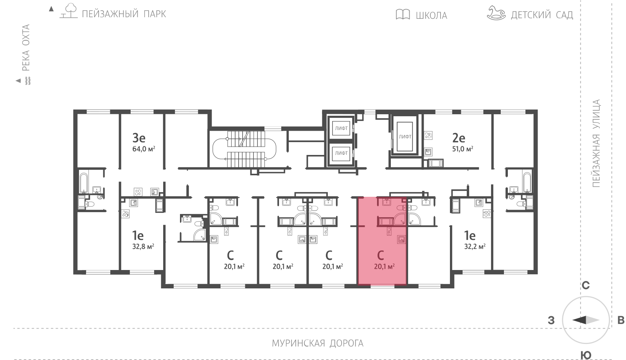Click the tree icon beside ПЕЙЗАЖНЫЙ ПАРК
[69, 11]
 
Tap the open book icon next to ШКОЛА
[403, 14]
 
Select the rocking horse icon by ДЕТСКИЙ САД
[496, 13]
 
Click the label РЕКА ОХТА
[26, 47]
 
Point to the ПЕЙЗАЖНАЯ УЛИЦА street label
[596, 143]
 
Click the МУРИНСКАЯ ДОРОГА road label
[317, 343]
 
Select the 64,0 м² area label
[144, 149]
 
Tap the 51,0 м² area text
[462, 149]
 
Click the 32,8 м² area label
[143, 247]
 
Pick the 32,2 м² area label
[475, 247]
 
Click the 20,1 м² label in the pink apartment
[384, 266]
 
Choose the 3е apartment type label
[139, 138]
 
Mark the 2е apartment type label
[459, 138]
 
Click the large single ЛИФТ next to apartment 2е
[405, 137]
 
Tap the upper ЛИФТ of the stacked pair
[341, 128]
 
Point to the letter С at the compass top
[585, 285]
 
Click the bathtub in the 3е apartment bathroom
[84, 183]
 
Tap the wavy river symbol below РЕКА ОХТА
[28, 81]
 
